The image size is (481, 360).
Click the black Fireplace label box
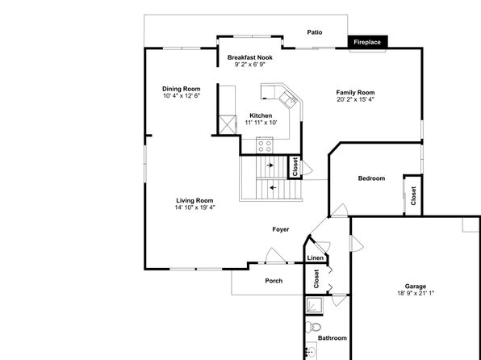point(367,42)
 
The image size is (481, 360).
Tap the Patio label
point(315,32)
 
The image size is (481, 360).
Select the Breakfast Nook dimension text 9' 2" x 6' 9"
point(249,65)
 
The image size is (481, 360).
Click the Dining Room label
point(182,89)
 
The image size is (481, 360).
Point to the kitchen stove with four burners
point(265,146)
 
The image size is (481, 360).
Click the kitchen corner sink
point(289,99)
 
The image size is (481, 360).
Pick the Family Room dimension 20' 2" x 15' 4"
point(356,99)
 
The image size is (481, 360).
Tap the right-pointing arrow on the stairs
point(270,165)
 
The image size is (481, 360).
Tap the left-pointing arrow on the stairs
point(273,187)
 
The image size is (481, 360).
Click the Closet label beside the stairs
point(295,167)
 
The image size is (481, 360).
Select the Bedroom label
point(371,178)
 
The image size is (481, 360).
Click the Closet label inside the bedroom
point(413,196)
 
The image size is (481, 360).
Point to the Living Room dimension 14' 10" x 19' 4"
point(194,207)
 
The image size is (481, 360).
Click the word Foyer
point(281,229)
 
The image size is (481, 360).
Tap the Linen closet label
point(316,257)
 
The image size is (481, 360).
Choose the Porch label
point(274,281)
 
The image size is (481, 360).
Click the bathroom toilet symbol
point(313,326)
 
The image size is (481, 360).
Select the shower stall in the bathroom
point(314,305)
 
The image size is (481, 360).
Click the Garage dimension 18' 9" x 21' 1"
point(416,293)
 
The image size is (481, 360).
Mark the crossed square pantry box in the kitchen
point(228,125)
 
